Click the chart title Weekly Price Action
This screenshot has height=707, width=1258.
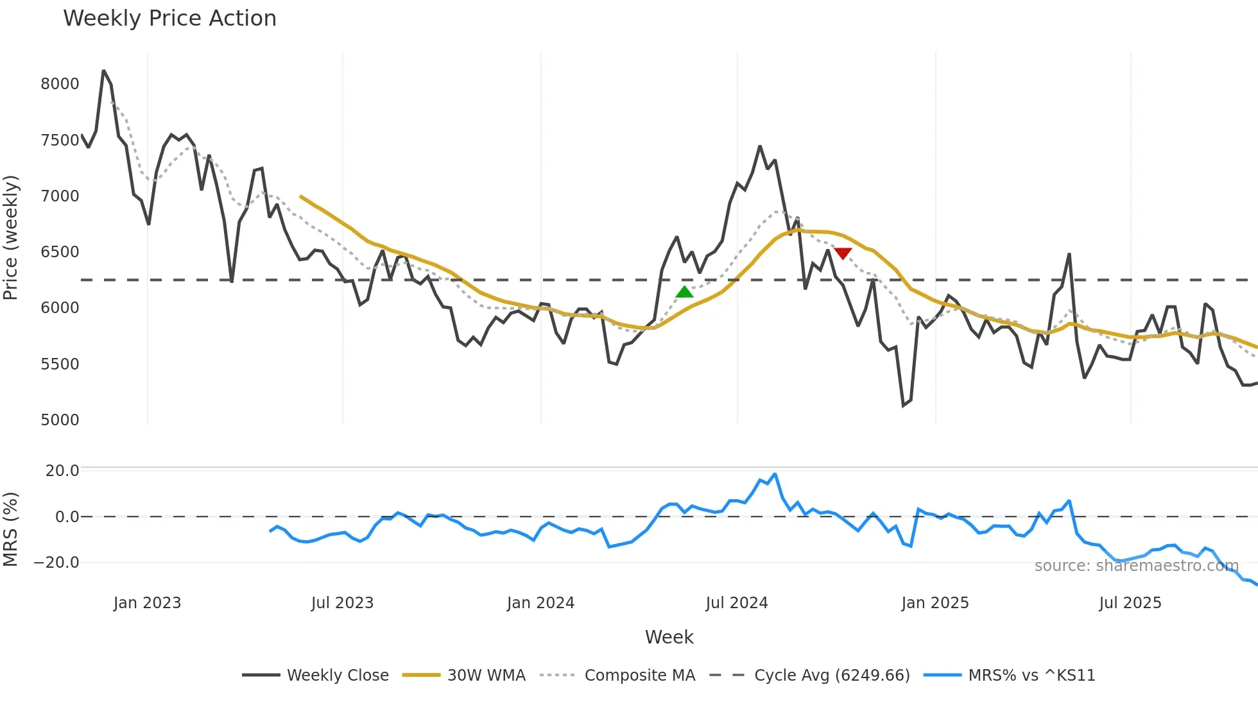(169, 19)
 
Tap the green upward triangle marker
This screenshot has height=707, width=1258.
(684, 292)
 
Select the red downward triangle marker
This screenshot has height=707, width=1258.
(843, 253)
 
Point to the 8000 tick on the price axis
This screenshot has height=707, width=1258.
(60, 84)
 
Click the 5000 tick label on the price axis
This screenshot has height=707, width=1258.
(60, 420)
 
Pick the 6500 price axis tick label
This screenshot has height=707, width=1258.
(60, 252)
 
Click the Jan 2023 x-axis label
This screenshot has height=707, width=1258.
(147, 603)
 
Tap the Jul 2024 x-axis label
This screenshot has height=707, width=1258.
(736, 603)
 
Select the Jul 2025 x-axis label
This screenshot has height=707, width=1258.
(1130, 603)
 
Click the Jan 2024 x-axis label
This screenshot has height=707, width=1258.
(540, 603)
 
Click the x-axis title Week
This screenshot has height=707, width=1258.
(669, 637)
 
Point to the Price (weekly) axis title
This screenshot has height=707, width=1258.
(11, 237)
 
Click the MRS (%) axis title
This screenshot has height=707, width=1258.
(11, 529)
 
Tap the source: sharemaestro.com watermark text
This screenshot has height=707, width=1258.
(1136, 566)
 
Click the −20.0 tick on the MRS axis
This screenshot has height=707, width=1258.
(56, 563)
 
